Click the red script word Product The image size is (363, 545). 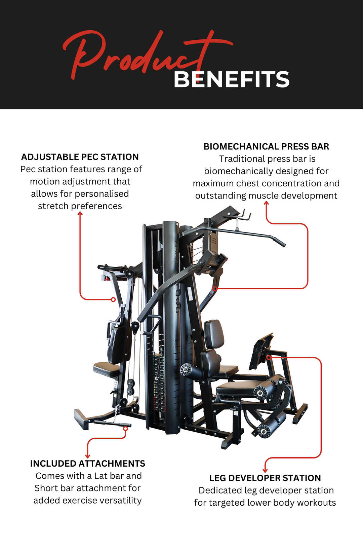click(x=134, y=54)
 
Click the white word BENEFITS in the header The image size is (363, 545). click(x=231, y=80)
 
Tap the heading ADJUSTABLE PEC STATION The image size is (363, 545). click(x=80, y=157)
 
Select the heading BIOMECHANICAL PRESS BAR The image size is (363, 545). click(x=266, y=147)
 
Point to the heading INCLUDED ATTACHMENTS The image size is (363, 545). click(x=87, y=464)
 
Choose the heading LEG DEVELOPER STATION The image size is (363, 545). click(x=265, y=478)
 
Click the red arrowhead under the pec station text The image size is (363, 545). click(x=80, y=214)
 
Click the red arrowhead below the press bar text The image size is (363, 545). click(x=266, y=203)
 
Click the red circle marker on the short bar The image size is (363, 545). click(x=125, y=429)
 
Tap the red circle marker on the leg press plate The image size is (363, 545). click(x=269, y=357)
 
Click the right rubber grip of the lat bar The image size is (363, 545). click(x=280, y=242)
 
